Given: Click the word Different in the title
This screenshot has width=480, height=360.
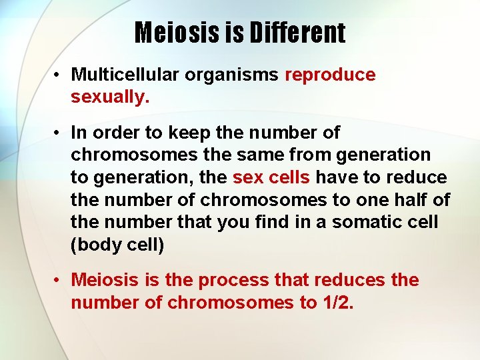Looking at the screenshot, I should pyautogui.click(x=298, y=33).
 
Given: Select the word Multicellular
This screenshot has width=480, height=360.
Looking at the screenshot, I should pyautogui.click(x=125, y=75).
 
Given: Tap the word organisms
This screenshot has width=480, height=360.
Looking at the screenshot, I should pyautogui.click(x=232, y=75).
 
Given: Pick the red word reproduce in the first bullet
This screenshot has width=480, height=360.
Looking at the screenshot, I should pyautogui.click(x=330, y=75).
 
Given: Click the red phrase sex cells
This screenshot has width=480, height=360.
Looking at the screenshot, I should pyautogui.click(x=271, y=177).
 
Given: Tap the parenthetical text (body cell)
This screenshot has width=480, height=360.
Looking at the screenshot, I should pyautogui.click(x=117, y=245).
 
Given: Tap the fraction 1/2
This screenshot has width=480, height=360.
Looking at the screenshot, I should pyautogui.click(x=337, y=303).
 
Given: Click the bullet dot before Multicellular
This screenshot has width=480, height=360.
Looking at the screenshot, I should pyautogui.click(x=59, y=75).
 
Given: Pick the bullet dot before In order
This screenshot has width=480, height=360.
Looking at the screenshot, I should pyautogui.click(x=59, y=133).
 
